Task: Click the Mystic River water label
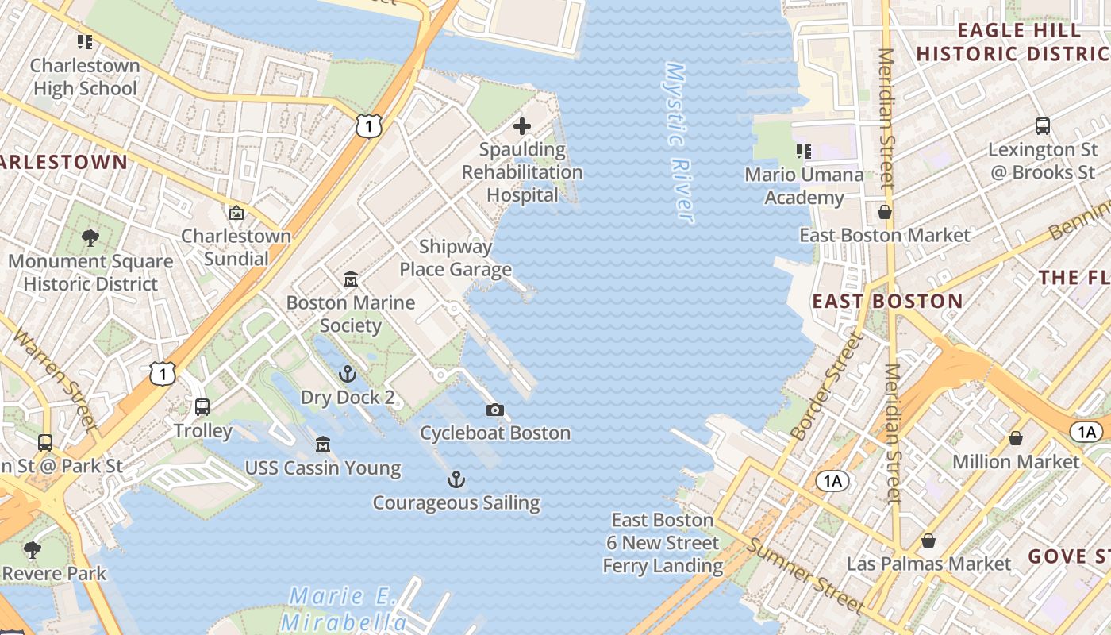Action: pos(679,143)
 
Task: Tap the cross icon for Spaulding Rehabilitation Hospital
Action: pos(522,126)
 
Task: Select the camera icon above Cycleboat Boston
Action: pos(495,410)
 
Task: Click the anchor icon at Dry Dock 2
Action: pos(347,374)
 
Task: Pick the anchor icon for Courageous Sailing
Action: pos(456,479)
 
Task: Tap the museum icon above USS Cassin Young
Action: pos(322,444)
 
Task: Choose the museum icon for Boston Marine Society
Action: pos(351,279)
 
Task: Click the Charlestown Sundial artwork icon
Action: pos(236,213)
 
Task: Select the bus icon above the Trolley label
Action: pos(202,407)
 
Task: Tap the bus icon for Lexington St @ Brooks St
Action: pos(1042,126)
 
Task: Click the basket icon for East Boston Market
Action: pos(884,212)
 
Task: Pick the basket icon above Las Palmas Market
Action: pos(928,541)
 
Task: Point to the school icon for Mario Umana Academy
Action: pos(804,151)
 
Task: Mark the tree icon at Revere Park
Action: pos(33,549)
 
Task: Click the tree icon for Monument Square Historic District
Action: pos(90,237)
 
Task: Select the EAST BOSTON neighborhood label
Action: pos(887,302)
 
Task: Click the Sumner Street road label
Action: pos(806,576)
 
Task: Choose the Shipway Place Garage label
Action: pos(456,258)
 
